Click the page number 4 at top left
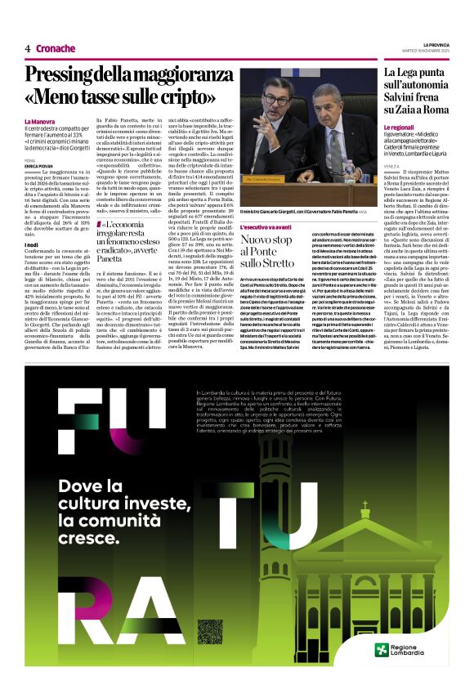click(x=28, y=48)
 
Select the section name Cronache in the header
click(x=56, y=48)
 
